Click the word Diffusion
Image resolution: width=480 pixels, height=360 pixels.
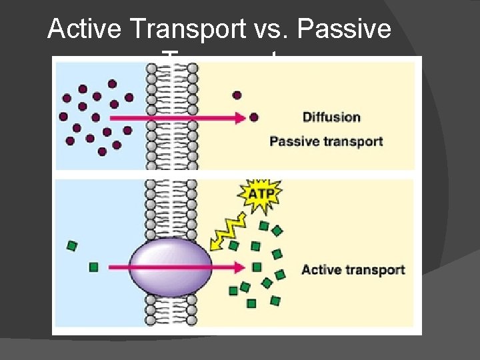331,117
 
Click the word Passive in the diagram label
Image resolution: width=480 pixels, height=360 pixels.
293,141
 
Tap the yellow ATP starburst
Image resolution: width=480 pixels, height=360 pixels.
260,195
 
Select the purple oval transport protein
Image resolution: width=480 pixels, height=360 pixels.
171,269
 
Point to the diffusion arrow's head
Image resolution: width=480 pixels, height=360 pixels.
241,117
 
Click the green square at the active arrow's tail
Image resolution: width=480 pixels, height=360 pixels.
94,267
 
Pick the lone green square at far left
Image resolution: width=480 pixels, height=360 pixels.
72,246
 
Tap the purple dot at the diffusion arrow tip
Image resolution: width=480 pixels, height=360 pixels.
253,117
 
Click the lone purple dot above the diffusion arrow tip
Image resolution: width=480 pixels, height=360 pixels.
237,95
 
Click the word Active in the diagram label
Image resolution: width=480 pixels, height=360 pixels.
321,270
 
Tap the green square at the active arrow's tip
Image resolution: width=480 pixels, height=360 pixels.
257,267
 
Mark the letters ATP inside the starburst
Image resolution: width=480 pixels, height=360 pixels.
260,195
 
